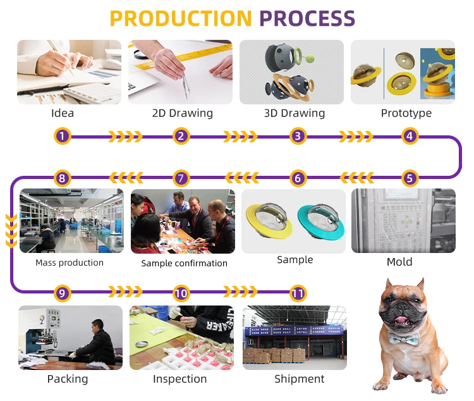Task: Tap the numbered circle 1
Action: tap(62, 136)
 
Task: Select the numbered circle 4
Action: tap(410, 136)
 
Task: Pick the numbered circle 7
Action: tap(181, 178)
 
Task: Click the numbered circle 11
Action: tap(298, 293)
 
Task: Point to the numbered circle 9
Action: tap(62, 293)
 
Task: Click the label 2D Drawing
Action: tap(182, 114)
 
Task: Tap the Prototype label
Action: tap(406, 114)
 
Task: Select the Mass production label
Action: tap(70, 262)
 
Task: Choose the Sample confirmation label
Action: tap(184, 263)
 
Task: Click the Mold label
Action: tap(399, 262)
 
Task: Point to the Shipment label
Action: tap(299, 379)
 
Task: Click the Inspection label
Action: tap(179, 379)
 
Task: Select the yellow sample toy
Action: tap(270, 221)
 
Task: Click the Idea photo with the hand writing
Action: tap(69, 72)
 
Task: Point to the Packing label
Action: tap(68, 379)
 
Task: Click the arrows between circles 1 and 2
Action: tap(126, 136)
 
